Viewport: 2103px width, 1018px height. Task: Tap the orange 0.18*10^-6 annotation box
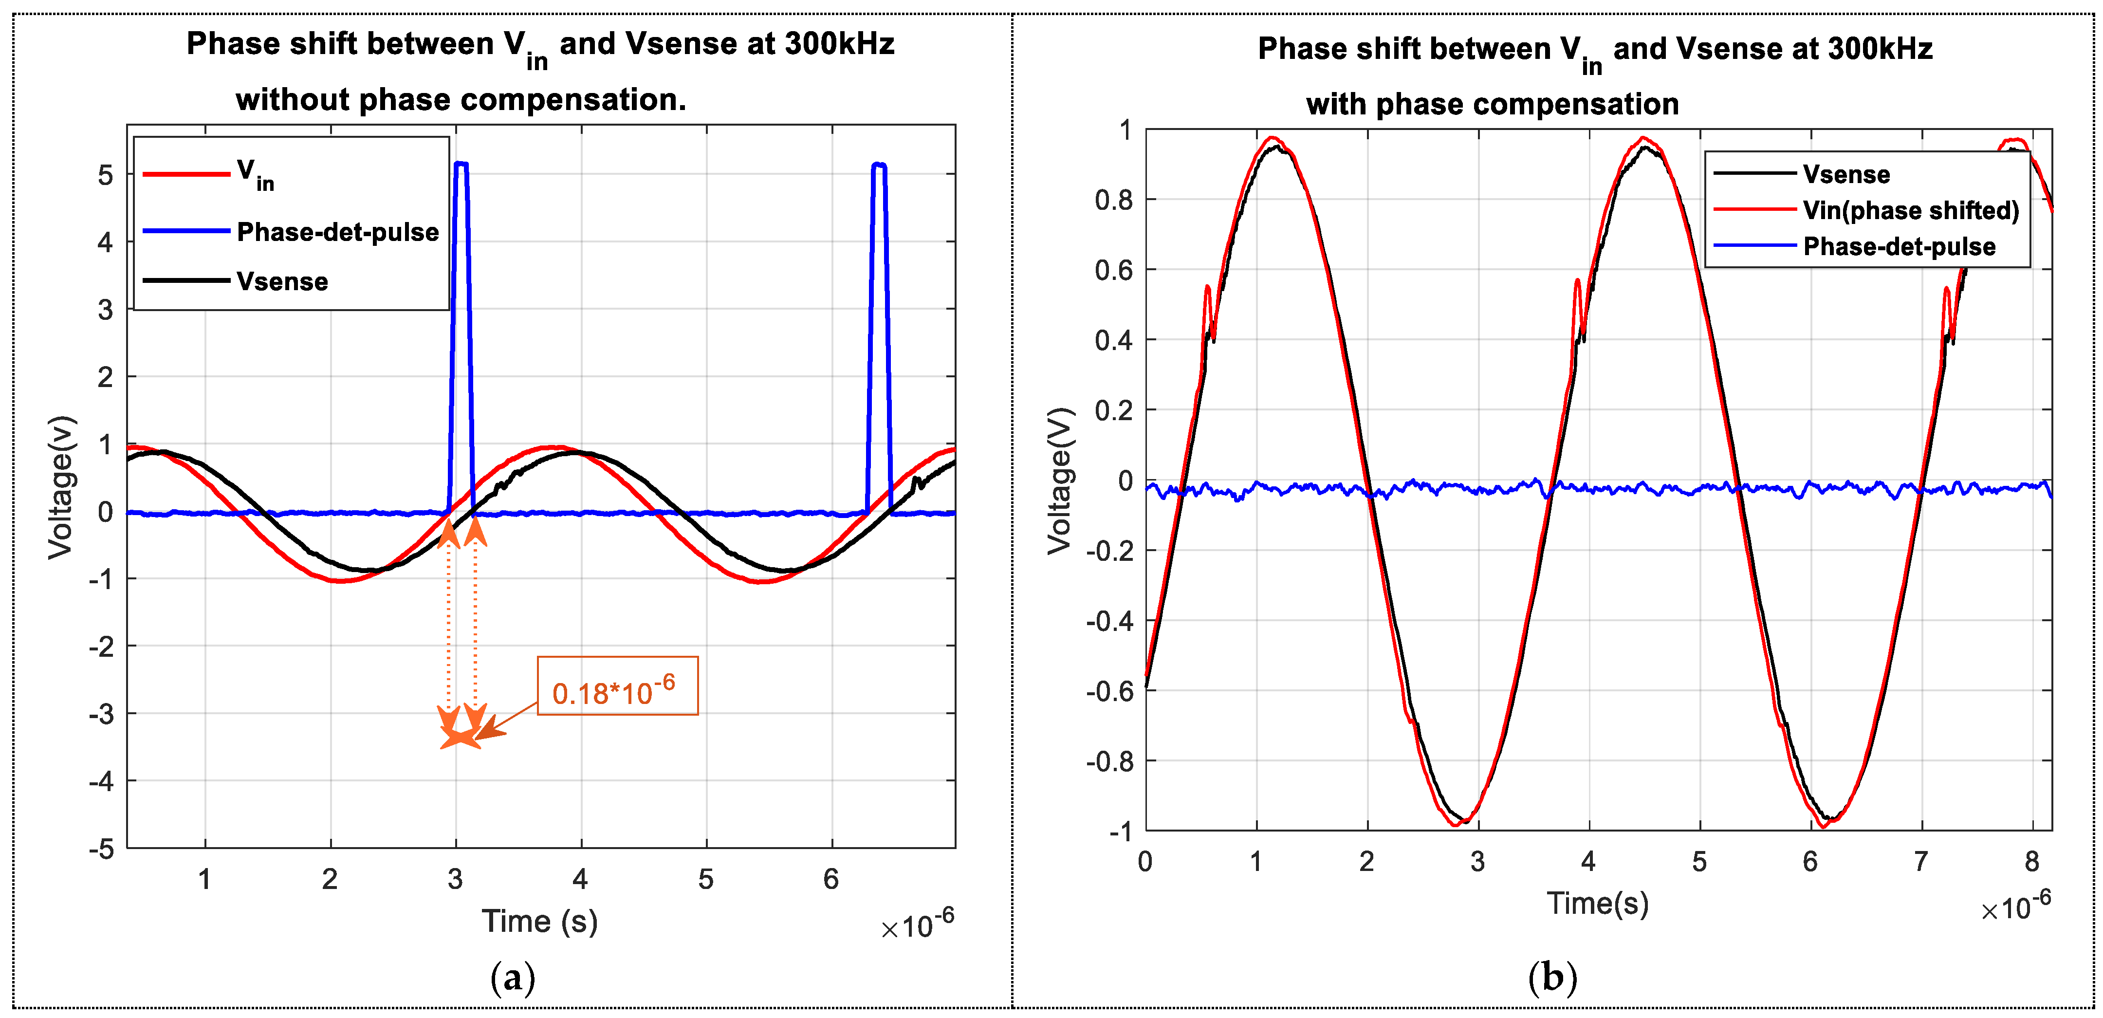click(617, 686)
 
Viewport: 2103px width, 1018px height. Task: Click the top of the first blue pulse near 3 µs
click(461, 164)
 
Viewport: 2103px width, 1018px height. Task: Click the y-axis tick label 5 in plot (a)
click(105, 175)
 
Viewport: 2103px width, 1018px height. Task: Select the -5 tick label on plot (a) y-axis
click(101, 849)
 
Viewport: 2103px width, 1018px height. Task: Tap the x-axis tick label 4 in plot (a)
click(580, 879)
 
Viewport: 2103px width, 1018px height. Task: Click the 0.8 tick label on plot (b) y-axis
click(1113, 200)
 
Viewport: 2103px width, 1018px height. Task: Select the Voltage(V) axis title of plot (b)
click(1060, 481)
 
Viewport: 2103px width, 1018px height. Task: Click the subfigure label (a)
click(513, 977)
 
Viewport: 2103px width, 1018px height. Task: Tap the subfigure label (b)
click(1552, 977)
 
